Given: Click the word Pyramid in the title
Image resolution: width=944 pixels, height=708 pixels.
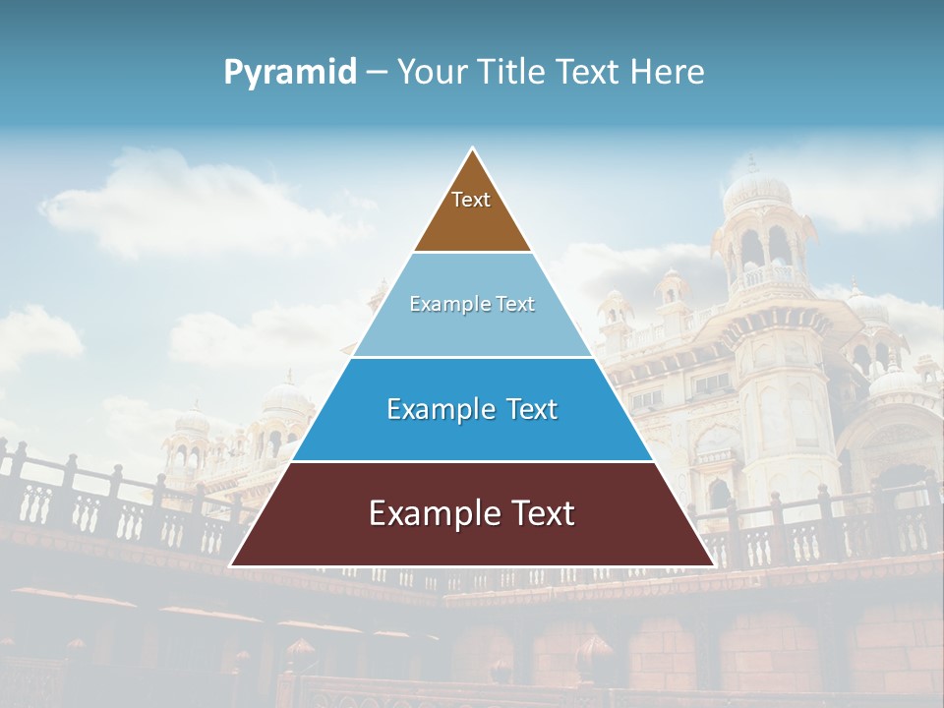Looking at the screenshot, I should pos(290,73).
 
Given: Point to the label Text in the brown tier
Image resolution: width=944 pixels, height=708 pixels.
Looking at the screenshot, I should pos(471,201).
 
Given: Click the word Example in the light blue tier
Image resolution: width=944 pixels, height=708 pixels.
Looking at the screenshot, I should pos(442,305).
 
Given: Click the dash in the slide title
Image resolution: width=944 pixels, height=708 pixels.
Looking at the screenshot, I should pos(377,73).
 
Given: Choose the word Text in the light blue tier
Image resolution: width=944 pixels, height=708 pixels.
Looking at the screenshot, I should pos(514,305).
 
